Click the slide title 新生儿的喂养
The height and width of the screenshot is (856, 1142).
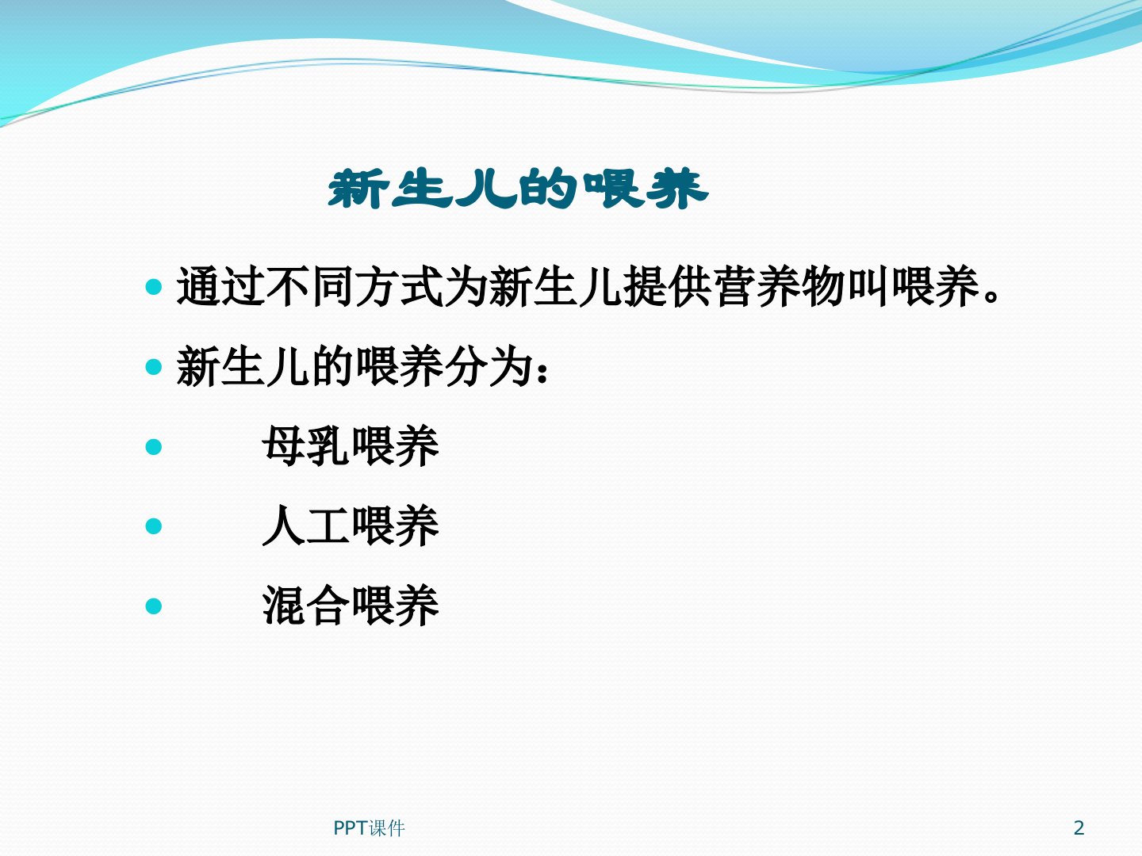tap(518, 188)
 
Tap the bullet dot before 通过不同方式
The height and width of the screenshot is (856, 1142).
tap(154, 287)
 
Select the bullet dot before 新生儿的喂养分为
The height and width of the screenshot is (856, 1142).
tap(154, 367)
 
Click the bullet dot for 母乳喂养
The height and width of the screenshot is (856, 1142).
tap(154, 446)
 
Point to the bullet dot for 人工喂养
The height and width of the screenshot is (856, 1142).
tap(154, 526)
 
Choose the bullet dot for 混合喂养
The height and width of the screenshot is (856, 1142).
tap(154, 606)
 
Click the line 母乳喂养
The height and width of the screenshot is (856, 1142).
tap(351, 446)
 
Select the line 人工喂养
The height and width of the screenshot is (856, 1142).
tap(351, 526)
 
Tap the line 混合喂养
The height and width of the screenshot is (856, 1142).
tap(351, 606)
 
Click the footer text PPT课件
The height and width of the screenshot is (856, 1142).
tap(369, 828)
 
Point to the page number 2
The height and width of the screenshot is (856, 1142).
tap(1079, 827)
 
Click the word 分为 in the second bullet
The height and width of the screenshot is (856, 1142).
tap(489, 366)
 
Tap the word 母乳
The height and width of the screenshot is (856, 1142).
tap(306, 446)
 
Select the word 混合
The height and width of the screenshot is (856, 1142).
tap(306, 606)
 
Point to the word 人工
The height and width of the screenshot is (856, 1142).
tap(306, 526)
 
